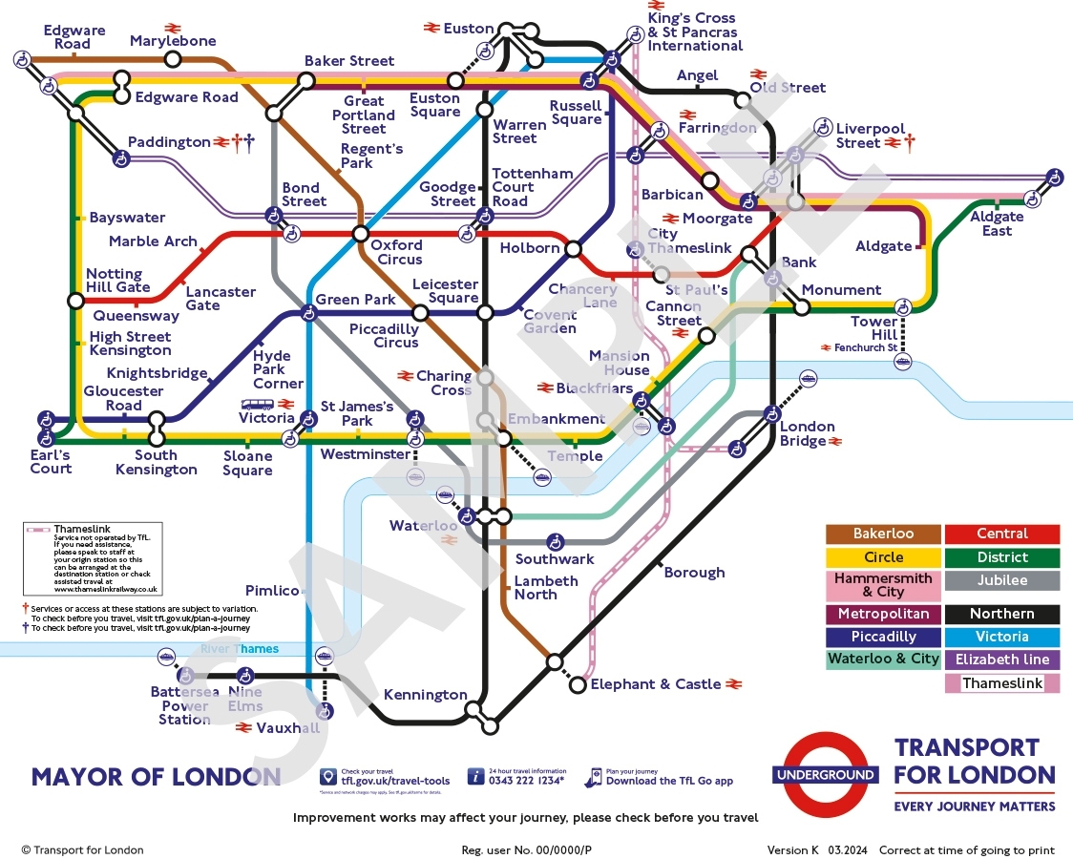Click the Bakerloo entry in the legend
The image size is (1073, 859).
coord(883,534)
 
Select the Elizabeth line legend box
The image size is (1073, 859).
coord(1001,660)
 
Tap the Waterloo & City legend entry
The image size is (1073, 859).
coord(883,660)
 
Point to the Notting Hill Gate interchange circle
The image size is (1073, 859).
coord(76,302)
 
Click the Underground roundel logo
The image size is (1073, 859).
coord(826,775)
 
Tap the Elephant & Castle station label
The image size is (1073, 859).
coord(656,684)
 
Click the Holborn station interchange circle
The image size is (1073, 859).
coord(573,249)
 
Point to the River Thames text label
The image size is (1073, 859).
coord(240,649)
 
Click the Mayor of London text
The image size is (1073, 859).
coord(157,777)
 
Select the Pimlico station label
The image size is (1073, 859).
coord(273,591)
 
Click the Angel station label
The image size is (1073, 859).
coord(697,75)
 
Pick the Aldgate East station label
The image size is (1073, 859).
coord(997,223)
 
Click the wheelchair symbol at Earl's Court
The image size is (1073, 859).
coord(46,419)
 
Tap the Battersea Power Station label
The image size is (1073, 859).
coord(184,705)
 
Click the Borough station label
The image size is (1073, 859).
coord(694,573)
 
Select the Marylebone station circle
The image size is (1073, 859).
coord(173,59)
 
